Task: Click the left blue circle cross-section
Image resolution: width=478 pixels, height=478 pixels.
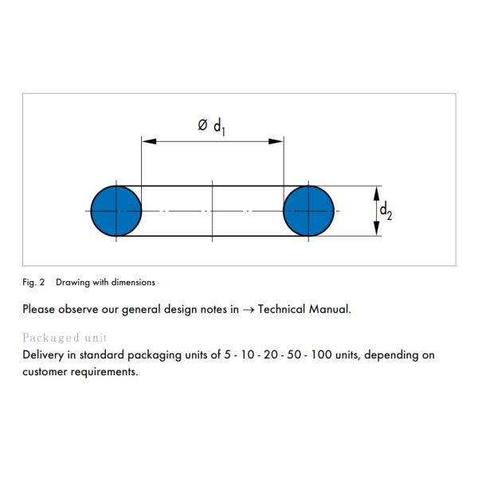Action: tap(116, 211)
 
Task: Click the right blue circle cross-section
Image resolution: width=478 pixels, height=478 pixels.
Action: tap(308, 211)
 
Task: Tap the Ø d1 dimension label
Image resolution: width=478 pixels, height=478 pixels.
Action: tap(212, 127)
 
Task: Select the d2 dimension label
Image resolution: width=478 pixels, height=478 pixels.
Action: tap(386, 210)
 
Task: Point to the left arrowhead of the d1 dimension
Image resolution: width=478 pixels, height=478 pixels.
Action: tap(150, 142)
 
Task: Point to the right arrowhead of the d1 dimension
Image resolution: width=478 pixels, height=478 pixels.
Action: tap(276, 142)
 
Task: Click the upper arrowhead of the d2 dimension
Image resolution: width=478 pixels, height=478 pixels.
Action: tap(377, 194)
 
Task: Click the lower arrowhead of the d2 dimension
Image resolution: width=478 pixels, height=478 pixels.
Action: tap(377, 229)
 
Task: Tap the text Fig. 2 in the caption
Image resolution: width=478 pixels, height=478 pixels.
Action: tap(33, 282)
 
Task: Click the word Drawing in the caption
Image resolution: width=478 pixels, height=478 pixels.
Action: tap(72, 282)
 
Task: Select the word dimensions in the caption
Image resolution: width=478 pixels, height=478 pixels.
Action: tap(133, 282)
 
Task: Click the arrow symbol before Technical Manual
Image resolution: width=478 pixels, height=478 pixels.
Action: tap(249, 310)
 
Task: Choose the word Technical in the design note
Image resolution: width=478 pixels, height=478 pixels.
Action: tap(282, 309)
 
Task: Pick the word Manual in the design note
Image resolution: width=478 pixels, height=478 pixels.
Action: tap(330, 309)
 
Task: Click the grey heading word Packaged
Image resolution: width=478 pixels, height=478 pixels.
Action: tap(51, 338)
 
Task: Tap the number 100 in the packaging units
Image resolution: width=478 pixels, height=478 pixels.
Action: tap(321, 355)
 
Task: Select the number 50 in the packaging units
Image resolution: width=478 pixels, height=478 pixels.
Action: tap(294, 355)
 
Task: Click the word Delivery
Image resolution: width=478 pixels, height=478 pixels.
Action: tap(43, 355)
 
